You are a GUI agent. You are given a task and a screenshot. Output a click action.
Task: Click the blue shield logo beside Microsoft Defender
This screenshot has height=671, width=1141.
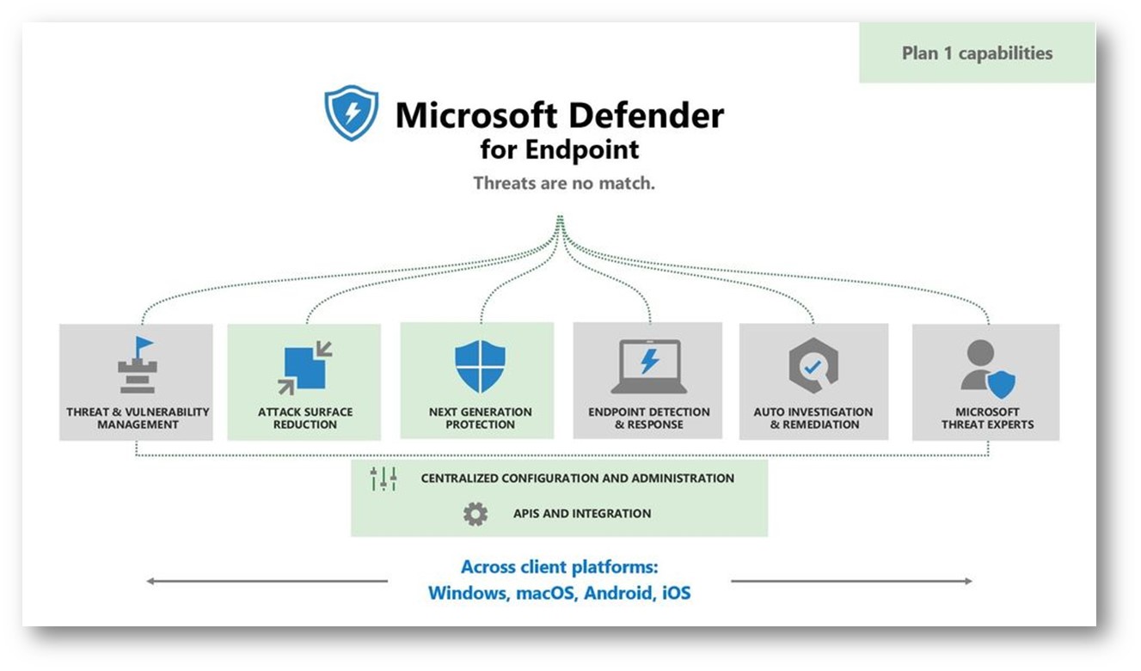[351, 112]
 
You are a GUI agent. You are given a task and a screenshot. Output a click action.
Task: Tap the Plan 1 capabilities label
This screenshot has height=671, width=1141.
[977, 53]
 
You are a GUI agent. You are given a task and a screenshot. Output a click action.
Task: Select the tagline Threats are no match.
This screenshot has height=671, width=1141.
[564, 183]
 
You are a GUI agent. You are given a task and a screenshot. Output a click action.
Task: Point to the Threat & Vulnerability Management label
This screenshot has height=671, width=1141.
[138, 418]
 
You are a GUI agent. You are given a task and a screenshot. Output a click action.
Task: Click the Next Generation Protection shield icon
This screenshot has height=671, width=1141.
[480, 366]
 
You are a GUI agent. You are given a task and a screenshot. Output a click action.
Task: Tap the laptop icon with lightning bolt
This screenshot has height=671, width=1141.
[648, 366]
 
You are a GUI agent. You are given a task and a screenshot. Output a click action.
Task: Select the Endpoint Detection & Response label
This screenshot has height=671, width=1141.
[649, 418]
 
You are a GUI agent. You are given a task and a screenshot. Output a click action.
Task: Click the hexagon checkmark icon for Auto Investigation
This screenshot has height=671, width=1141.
[812, 365]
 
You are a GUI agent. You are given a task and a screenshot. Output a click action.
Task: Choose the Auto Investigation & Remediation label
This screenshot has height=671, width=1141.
[813, 418]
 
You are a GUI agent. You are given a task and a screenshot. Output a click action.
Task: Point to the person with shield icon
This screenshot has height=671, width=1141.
[986, 368]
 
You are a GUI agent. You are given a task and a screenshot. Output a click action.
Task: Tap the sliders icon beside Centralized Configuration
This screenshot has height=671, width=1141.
[383, 479]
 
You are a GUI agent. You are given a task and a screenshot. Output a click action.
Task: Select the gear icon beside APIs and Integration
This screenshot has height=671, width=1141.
[475, 514]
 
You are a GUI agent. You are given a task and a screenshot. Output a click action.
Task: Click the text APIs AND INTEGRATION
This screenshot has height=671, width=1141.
[582, 514]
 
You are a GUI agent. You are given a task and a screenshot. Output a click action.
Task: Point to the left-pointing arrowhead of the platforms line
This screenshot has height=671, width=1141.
[150, 582]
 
